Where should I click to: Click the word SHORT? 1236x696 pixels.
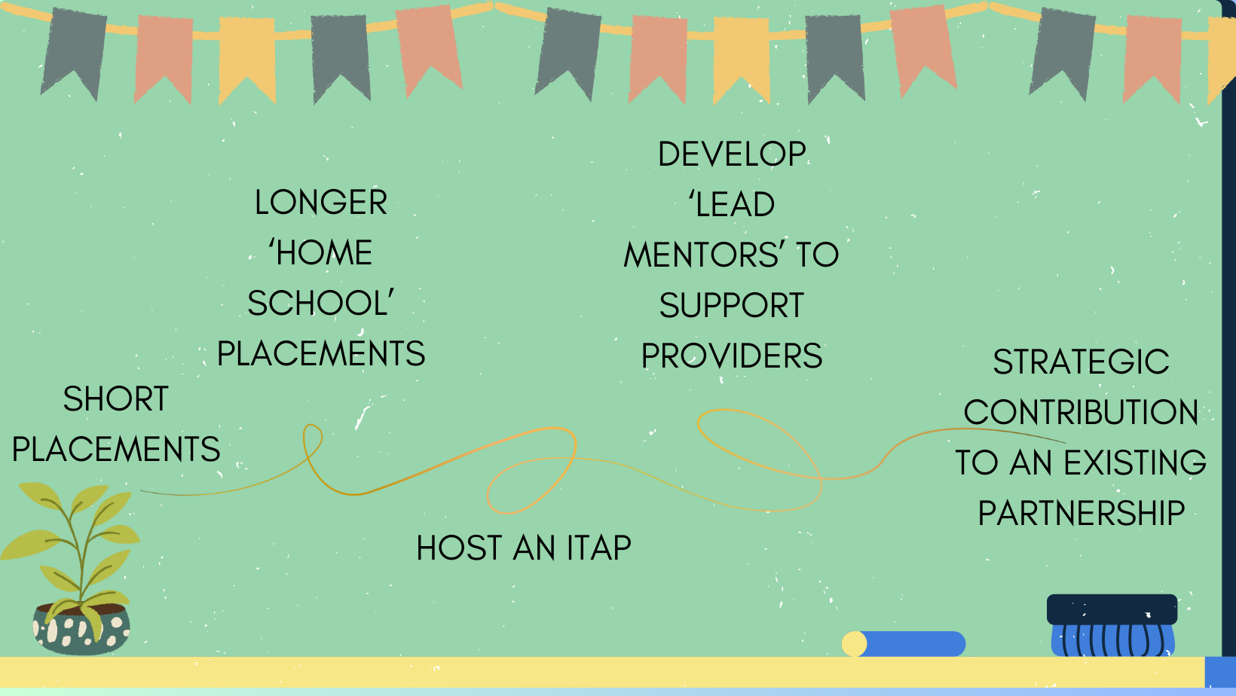115,398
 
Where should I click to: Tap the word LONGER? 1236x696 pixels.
320,202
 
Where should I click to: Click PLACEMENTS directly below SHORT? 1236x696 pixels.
116,449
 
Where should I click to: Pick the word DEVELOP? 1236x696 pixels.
732,154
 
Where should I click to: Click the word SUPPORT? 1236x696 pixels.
732,306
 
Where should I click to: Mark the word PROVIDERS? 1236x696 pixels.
732,356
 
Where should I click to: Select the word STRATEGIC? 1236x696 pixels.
1081,362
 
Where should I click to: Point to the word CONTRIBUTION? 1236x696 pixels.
1081,413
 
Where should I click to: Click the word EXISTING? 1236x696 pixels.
1134,462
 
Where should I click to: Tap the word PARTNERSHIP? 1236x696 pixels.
1081,514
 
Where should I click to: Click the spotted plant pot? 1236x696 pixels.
81,629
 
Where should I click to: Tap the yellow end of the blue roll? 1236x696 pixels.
854,643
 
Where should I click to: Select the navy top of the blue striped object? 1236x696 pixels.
1112,609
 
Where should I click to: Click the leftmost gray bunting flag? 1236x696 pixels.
74,53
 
